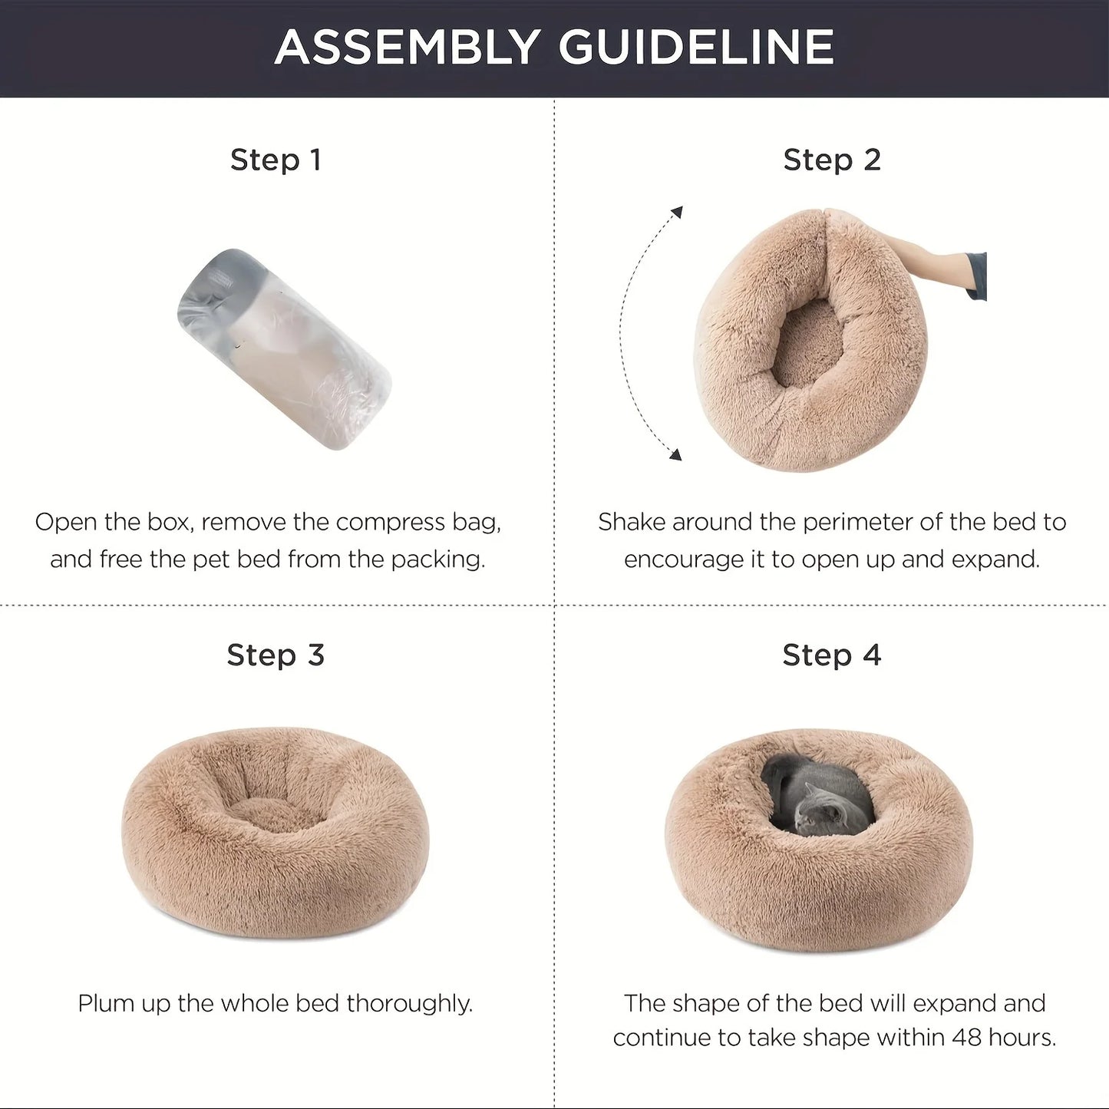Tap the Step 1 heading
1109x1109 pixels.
point(276,160)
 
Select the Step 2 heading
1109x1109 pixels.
point(832,160)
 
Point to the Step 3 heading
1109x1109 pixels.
point(276,655)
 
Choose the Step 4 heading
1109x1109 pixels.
point(832,655)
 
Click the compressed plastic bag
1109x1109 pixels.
point(284,348)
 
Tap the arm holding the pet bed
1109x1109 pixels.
point(929,266)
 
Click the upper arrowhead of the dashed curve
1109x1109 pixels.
point(678,212)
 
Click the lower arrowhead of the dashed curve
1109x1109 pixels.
point(675,454)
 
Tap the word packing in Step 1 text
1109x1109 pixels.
point(438,560)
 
